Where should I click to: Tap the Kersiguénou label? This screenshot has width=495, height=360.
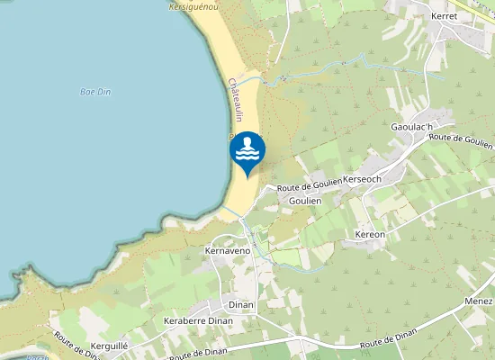tap(193, 5)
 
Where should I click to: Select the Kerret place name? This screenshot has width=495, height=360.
tap(445, 16)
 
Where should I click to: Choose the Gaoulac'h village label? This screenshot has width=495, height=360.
tap(411, 127)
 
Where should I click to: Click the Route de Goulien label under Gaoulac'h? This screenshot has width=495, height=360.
tap(461, 139)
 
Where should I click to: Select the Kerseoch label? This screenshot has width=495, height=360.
tap(363, 179)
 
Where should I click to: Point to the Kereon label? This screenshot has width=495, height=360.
tap(370, 234)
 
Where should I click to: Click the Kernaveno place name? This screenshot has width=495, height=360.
tap(226, 250)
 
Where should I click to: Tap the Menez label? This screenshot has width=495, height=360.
tap(479, 301)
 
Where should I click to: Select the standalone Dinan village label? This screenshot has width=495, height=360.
tap(241, 304)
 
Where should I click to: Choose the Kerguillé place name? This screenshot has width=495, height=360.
tap(112, 345)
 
